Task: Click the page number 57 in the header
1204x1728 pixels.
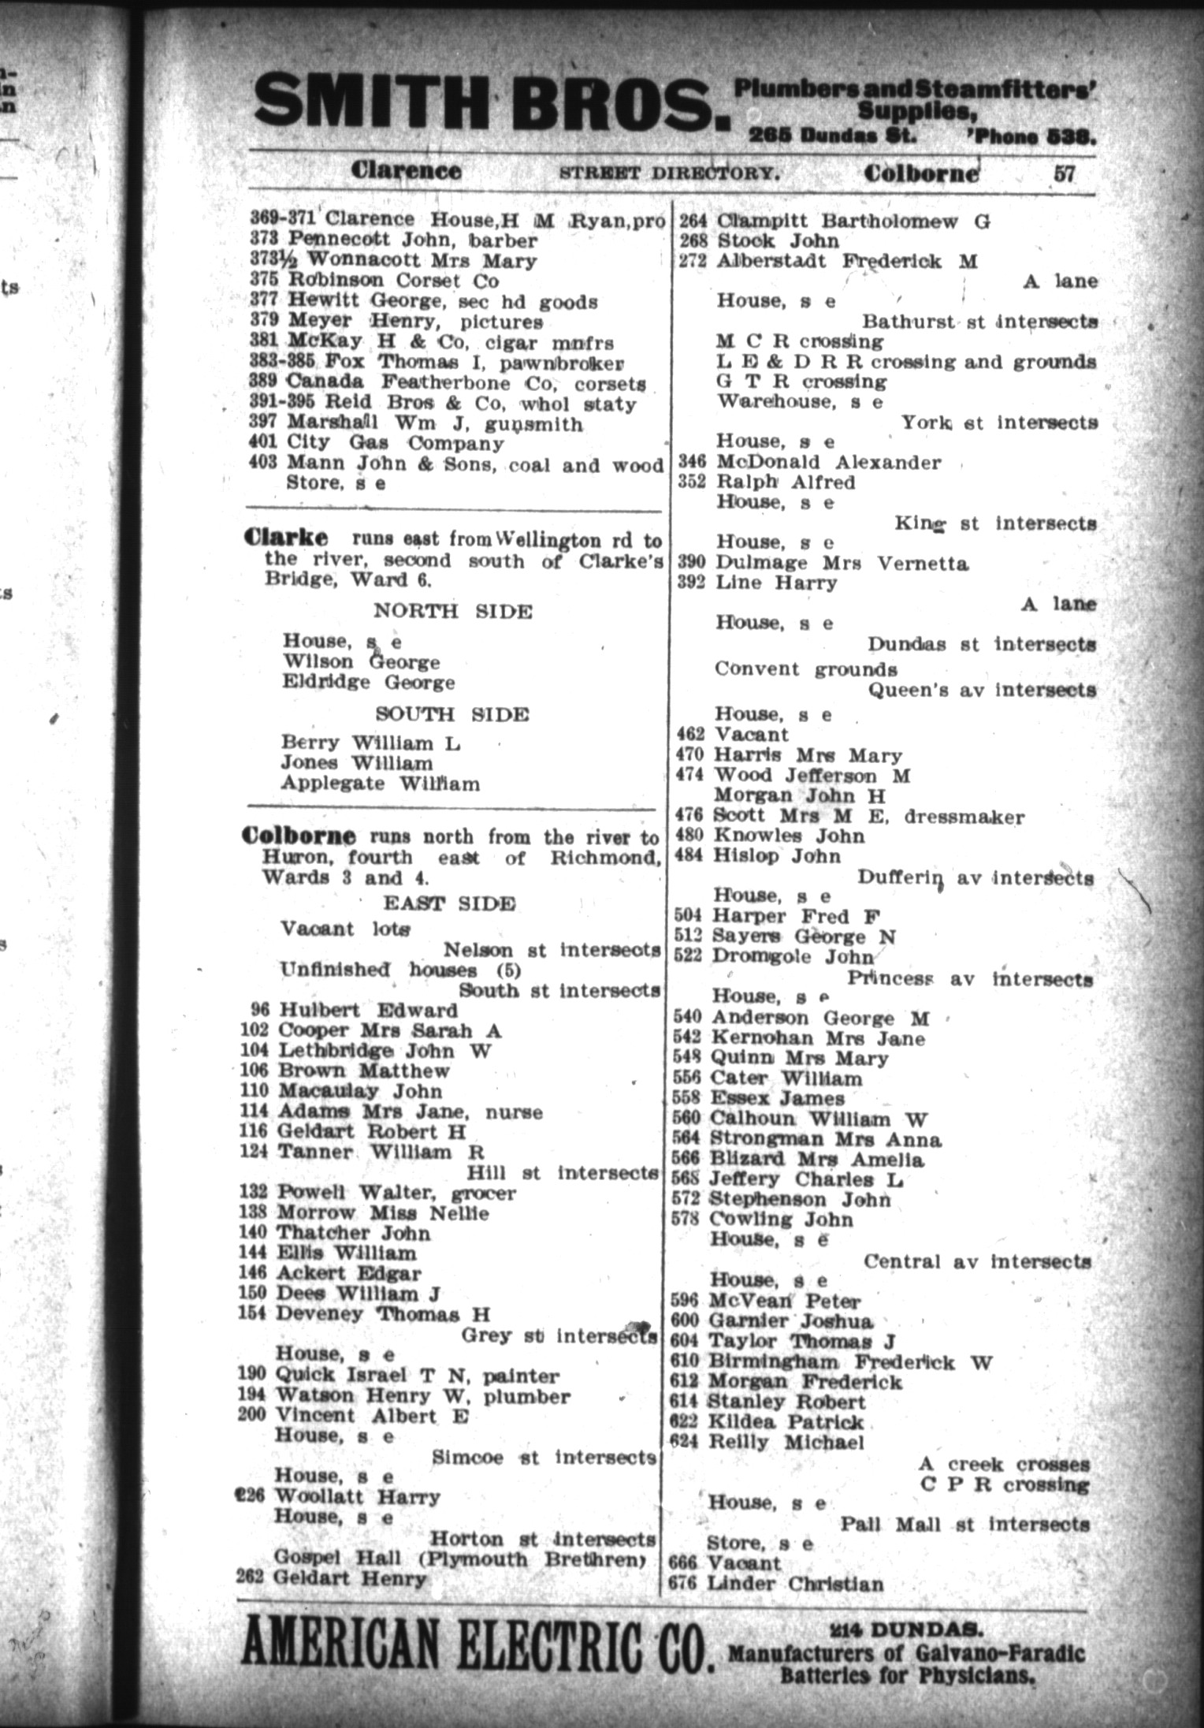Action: coord(1064,173)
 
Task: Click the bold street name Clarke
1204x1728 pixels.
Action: coord(286,538)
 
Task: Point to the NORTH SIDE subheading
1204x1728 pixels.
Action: coord(452,611)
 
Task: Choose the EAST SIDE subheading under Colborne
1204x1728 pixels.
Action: coord(449,903)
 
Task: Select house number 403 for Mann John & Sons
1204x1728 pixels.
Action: coord(263,464)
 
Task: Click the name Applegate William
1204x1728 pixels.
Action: coord(380,784)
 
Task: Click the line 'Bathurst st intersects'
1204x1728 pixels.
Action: coord(979,322)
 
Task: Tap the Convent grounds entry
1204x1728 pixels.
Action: coord(805,669)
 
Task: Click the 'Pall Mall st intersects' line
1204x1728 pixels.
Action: coord(964,1524)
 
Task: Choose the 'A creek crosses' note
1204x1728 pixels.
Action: coord(1003,1464)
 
